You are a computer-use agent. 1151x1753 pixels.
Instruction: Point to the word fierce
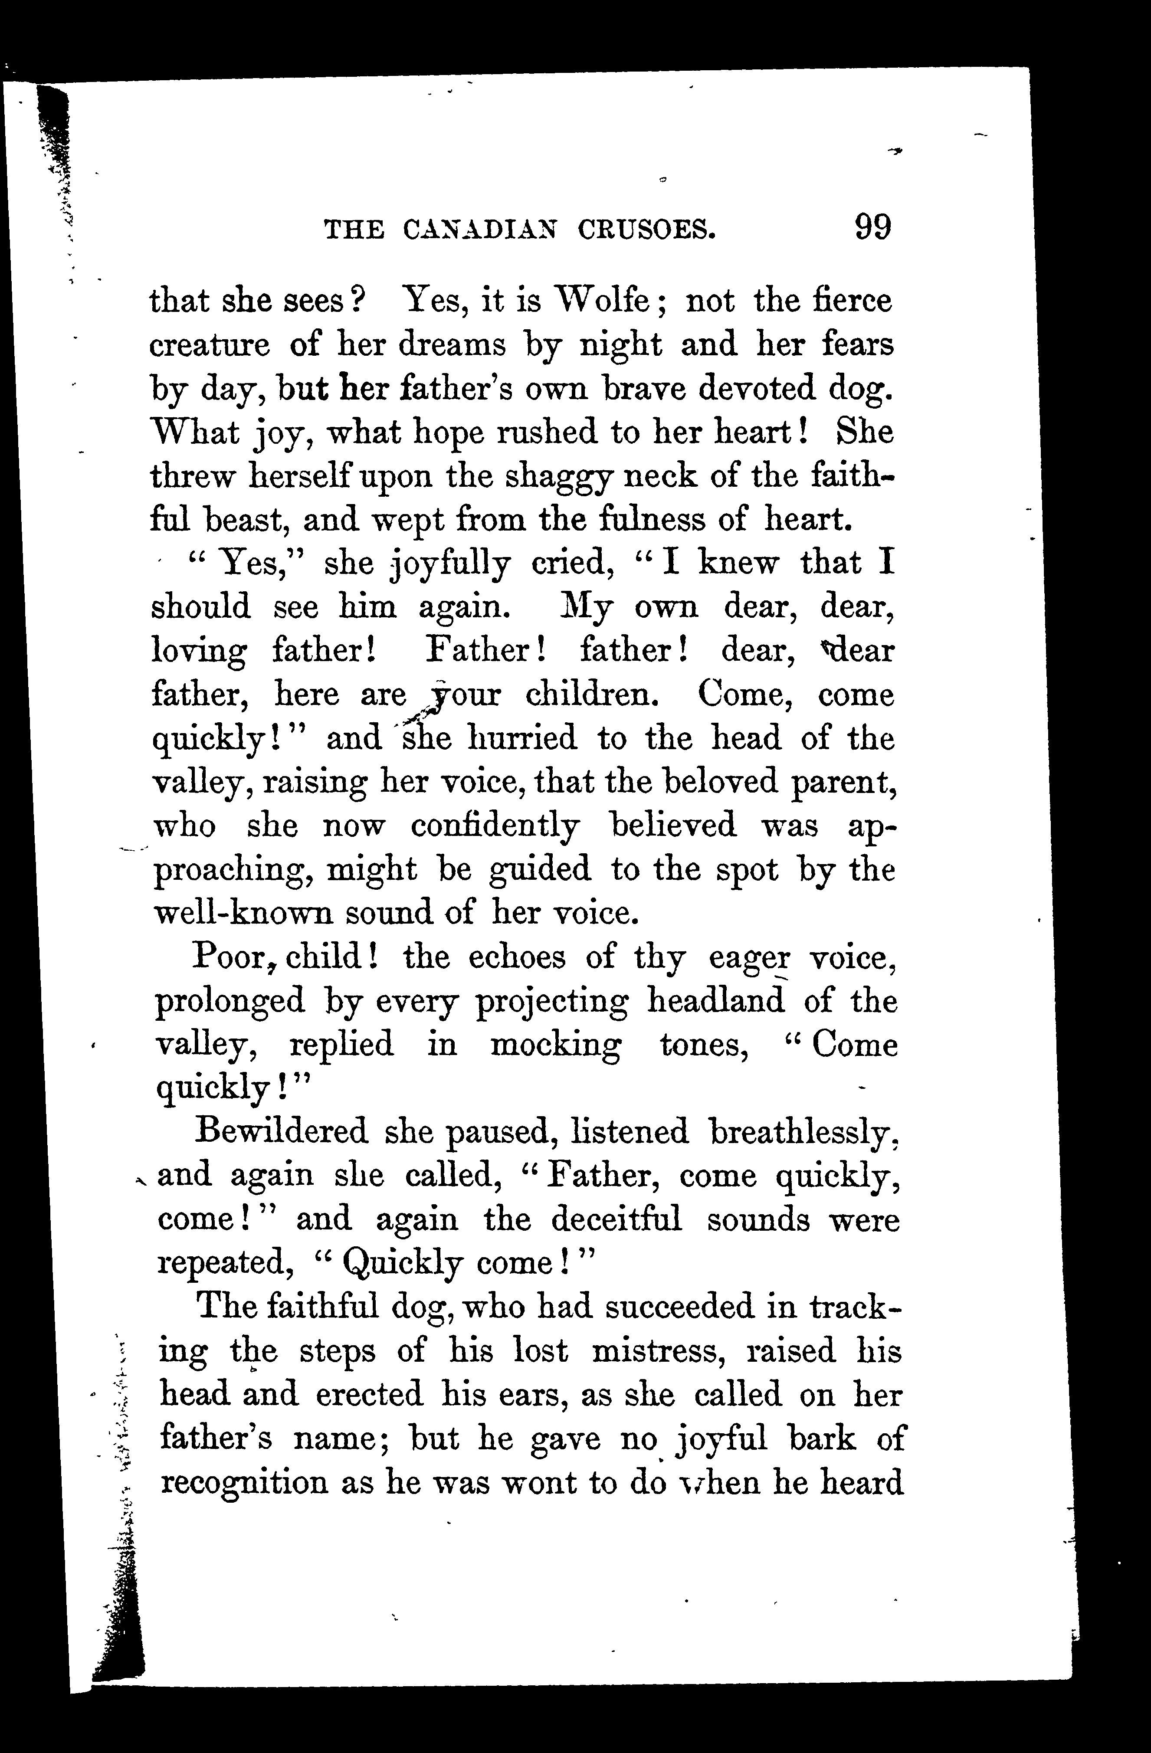click(852, 301)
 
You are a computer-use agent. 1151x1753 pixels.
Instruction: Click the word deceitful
click(616, 1220)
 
